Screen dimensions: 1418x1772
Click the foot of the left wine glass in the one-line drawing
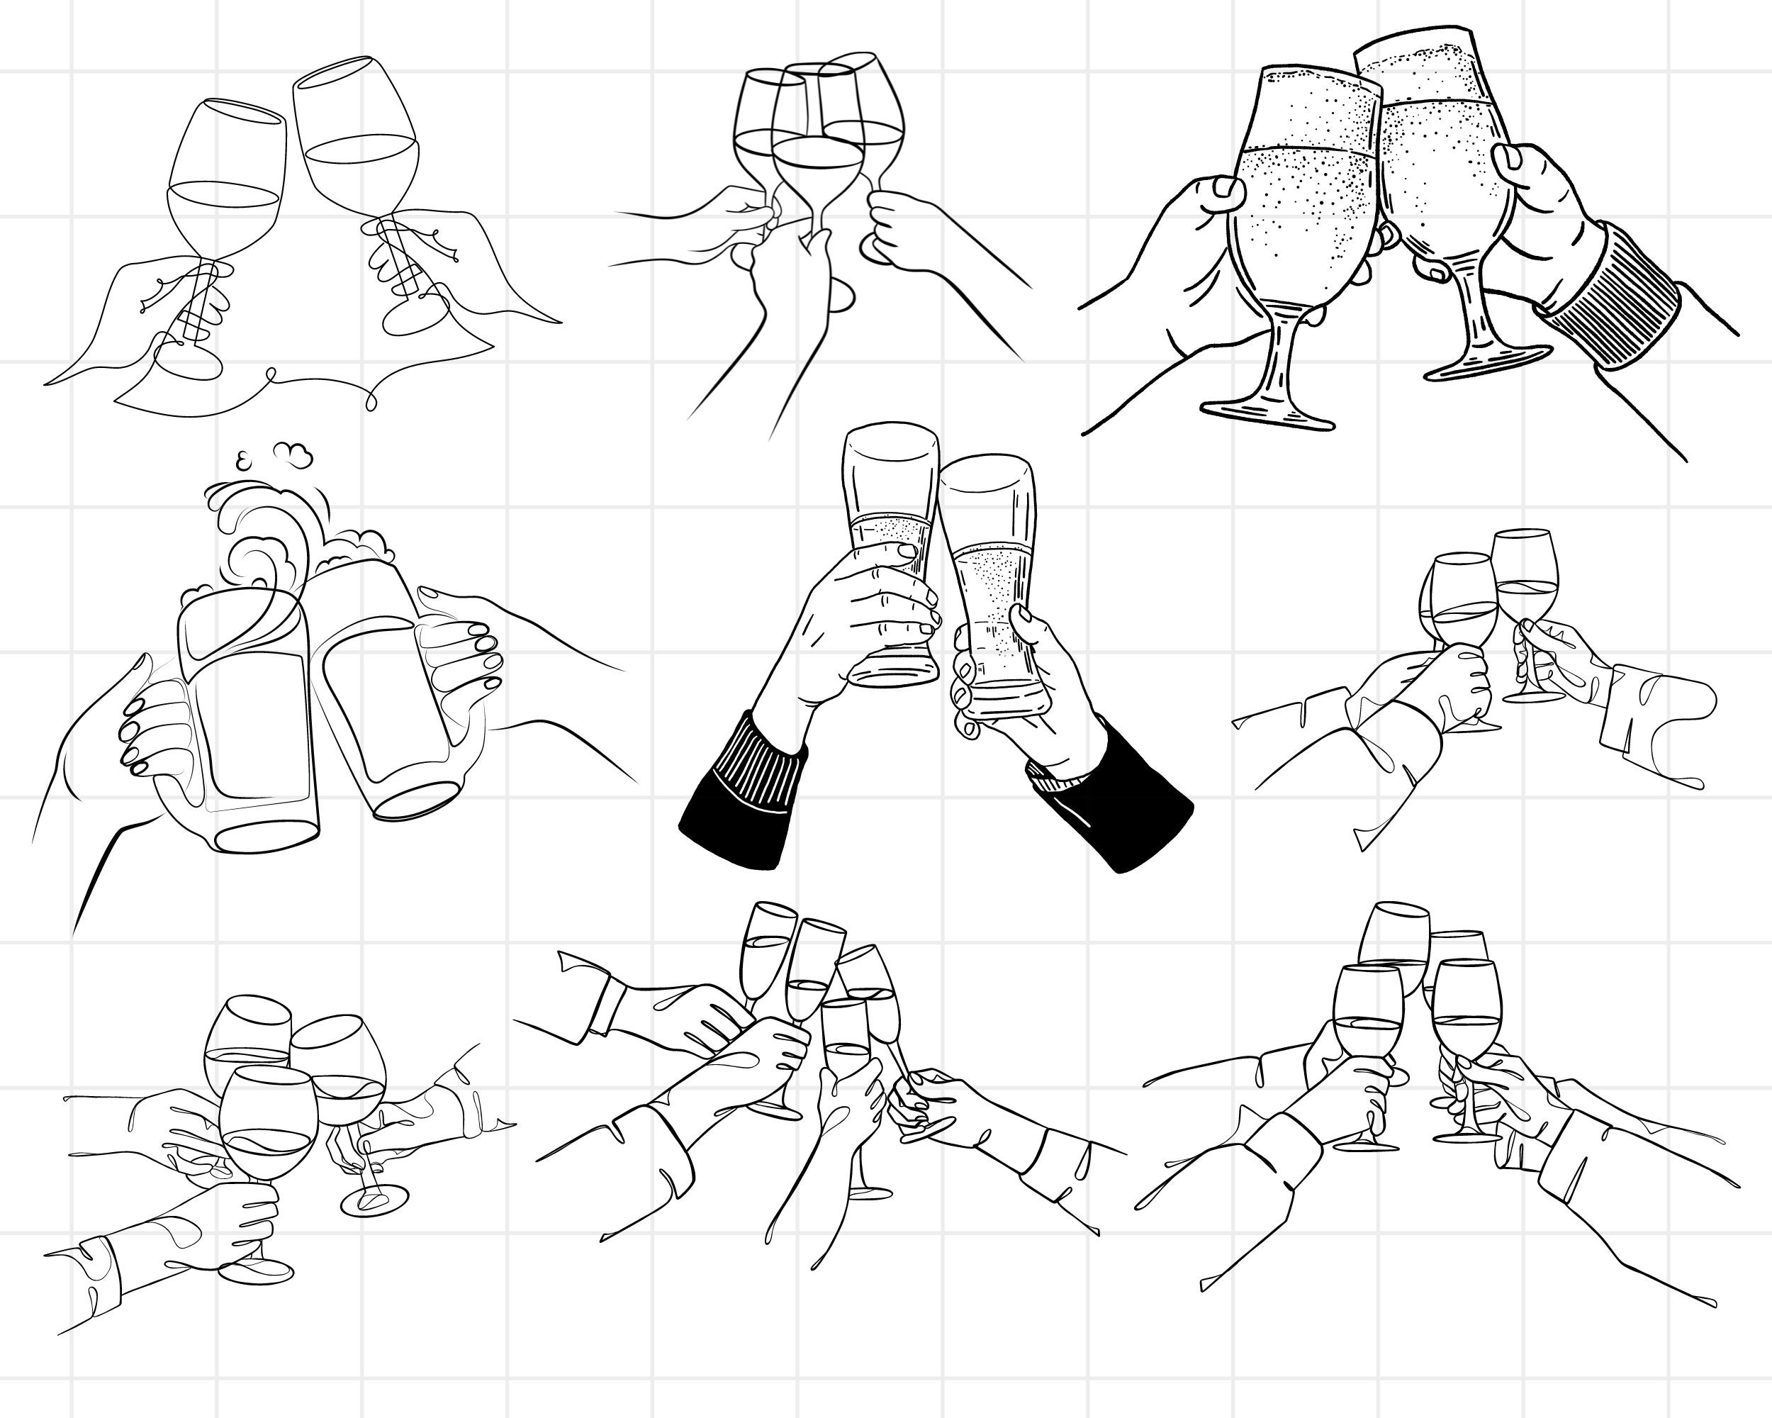191,362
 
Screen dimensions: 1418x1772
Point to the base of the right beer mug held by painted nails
415,799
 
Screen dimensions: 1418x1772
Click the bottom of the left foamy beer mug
267,835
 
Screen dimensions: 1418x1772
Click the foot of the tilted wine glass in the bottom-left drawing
375,1201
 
